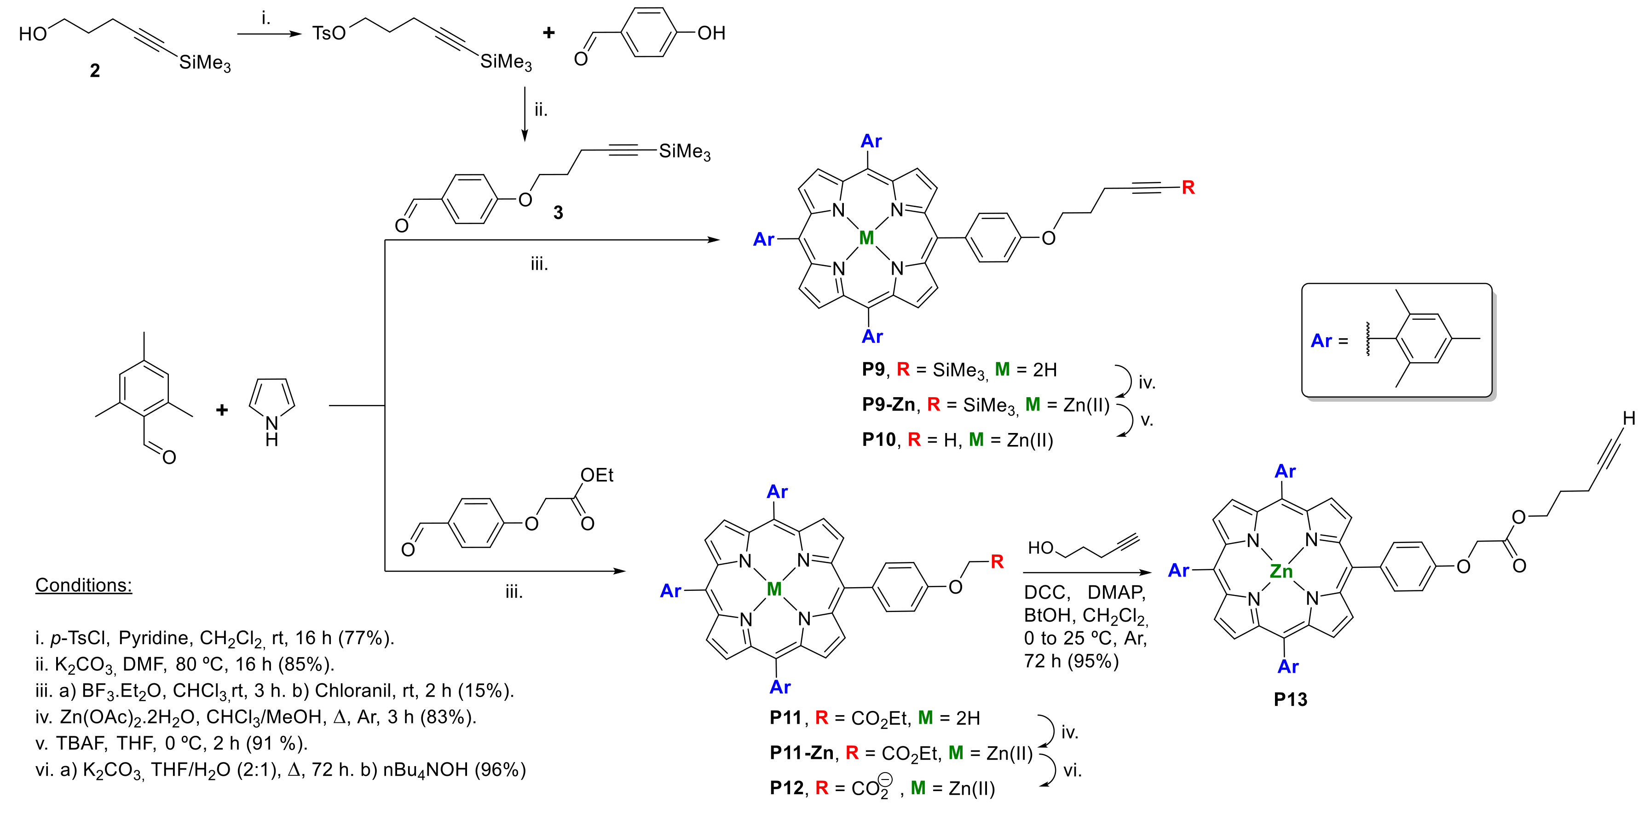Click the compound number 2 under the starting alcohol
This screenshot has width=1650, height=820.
pyautogui.click(x=95, y=70)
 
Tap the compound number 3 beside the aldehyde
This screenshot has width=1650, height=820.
pyautogui.click(x=558, y=213)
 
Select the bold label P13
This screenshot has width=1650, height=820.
pyautogui.click(x=1290, y=699)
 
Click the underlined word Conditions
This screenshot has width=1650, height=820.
pyautogui.click(x=83, y=585)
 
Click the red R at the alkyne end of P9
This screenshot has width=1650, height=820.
pyautogui.click(x=1188, y=187)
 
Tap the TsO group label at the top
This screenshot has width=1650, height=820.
pyautogui.click(x=329, y=33)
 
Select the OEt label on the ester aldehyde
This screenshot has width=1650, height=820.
pyautogui.click(x=596, y=475)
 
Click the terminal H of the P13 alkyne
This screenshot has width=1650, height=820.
pyautogui.click(x=1629, y=418)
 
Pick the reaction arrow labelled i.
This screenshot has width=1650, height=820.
pyautogui.click(x=269, y=33)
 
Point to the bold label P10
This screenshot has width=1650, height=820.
pyautogui.click(x=878, y=439)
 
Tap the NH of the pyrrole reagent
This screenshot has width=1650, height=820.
pyautogui.click(x=271, y=431)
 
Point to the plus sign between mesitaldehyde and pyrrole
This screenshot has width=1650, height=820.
pyautogui.click(x=222, y=410)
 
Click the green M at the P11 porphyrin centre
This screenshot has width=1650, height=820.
pyautogui.click(x=774, y=589)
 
